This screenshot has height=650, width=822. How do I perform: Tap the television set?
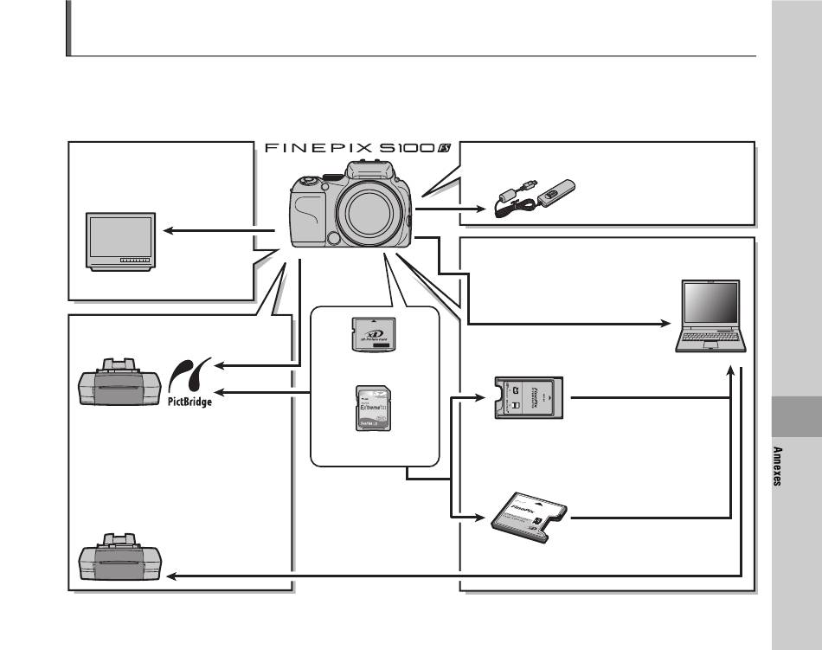point(121,241)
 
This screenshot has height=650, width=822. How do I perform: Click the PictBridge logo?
point(189,381)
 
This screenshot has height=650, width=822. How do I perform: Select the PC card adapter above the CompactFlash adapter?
point(527,399)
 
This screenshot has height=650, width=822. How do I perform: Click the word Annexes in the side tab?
point(777,467)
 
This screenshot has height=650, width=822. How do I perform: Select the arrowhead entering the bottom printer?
point(170,576)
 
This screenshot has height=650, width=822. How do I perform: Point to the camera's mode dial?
point(306,182)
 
